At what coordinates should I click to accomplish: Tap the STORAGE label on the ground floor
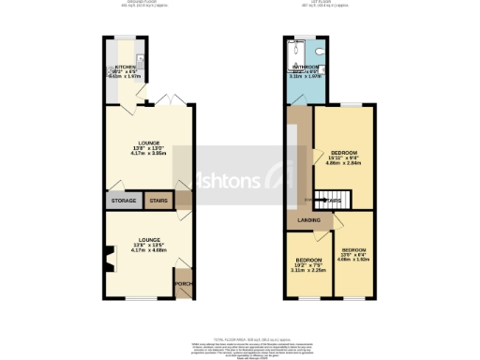[x=125, y=201]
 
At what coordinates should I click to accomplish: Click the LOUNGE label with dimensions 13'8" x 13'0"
[x=149, y=144]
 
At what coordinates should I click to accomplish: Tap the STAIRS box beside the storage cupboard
[x=157, y=201]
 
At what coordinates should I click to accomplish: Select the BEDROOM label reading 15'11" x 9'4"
[x=344, y=152]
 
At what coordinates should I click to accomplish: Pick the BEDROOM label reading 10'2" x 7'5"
[x=308, y=260]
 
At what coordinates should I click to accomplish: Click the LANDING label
[x=309, y=221]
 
